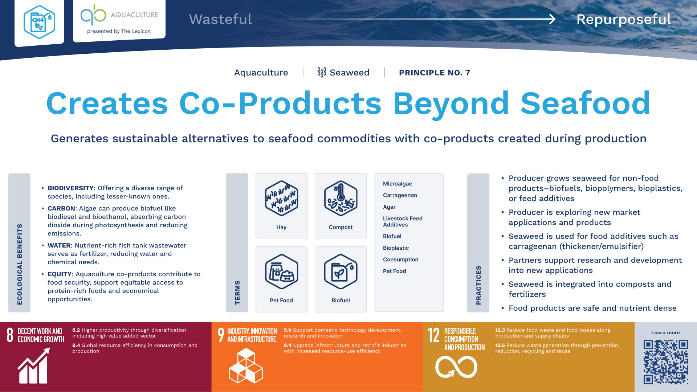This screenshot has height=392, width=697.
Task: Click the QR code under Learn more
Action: [666, 362]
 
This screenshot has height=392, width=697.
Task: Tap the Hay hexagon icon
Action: [281, 198]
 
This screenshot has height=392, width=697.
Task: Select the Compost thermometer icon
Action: [341, 198]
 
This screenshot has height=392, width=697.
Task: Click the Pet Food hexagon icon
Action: [281, 271]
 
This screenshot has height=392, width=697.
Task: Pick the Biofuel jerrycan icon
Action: [341, 271]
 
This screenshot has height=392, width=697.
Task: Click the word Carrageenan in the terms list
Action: [400, 195]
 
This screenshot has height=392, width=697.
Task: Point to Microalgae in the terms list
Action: [398, 184]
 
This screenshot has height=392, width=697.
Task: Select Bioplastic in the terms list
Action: [396, 248]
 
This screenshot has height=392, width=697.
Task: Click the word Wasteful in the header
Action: [220, 19]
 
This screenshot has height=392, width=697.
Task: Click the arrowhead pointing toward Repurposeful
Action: [552, 19]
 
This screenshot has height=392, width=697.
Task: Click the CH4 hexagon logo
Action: [39, 22]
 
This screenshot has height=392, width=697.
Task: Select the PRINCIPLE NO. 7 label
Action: [435, 73]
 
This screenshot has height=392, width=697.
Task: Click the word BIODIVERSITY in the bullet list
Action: [71, 188]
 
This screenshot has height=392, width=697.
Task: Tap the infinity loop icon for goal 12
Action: [456, 367]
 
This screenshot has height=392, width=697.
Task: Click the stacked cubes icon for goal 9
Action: [246, 366]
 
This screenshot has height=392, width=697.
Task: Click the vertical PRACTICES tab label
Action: [478, 285]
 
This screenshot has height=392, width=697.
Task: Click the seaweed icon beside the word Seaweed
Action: [322, 72]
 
